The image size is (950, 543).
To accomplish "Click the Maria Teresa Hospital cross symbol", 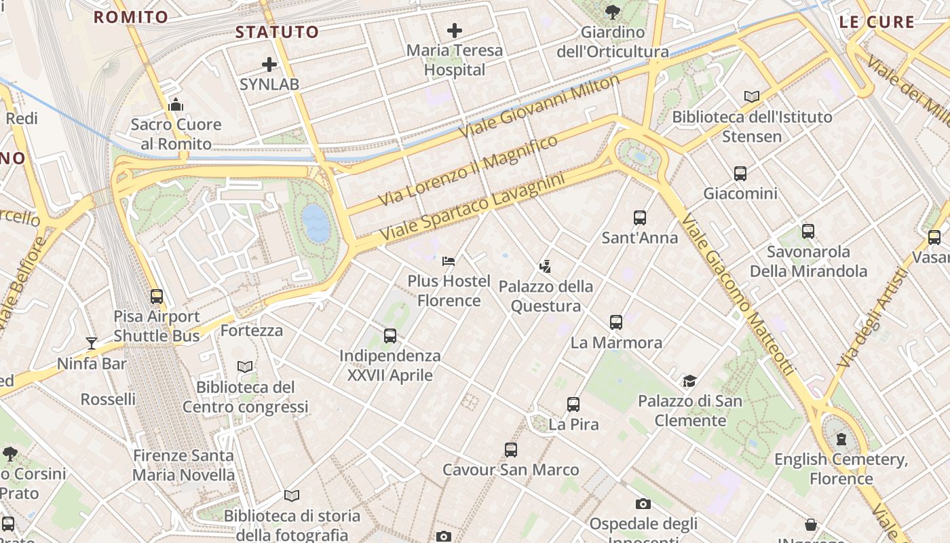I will click(455, 31).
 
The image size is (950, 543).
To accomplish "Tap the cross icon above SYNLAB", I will click(269, 65).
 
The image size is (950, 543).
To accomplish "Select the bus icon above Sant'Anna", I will click(639, 218).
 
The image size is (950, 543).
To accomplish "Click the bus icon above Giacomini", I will click(740, 174).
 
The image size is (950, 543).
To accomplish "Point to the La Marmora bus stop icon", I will click(615, 322).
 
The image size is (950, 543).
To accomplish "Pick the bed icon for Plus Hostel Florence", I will click(449, 261).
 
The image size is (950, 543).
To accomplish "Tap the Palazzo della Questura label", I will click(546, 296).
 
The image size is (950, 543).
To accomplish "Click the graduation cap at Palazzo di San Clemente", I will click(689, 381).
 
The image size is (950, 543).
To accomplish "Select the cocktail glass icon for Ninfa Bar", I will click(92, 343).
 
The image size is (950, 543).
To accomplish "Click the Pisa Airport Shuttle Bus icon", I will click(157, 297).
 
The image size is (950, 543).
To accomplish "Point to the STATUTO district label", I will click(277, 32).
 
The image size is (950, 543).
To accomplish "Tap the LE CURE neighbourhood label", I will click(877, 22).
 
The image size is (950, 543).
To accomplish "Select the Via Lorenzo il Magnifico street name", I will click(468, 170).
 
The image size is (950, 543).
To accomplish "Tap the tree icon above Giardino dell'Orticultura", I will click(612, 12).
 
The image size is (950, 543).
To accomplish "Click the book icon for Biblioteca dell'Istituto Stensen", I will click(752, 97).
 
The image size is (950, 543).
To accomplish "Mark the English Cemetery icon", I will click(841, 439).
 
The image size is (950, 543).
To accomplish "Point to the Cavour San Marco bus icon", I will click(510, 449).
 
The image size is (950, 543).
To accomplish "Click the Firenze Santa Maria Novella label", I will click(183, 465).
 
